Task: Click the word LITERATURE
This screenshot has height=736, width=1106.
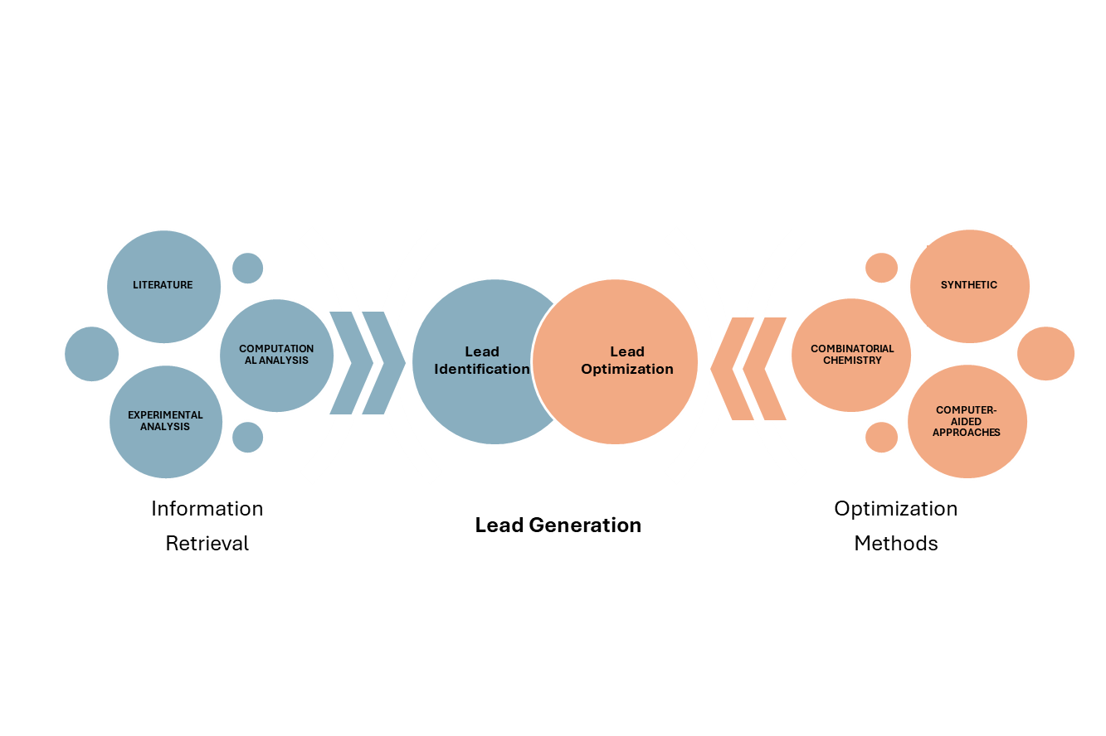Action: [163, 285]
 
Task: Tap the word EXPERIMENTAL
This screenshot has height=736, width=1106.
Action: [165, 415]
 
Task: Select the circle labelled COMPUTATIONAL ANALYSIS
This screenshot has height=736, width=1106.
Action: [276, 381]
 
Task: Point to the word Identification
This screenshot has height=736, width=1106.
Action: [482, 369]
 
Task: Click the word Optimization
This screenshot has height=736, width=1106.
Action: [627, 369]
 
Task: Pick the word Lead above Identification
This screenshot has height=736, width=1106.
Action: [482, 351]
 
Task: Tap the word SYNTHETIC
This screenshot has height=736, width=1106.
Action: [969, 285]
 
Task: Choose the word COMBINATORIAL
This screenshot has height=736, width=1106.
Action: [852, 349]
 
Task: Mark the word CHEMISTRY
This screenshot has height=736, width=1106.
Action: [852, 361]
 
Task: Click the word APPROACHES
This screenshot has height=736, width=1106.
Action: [967, 433]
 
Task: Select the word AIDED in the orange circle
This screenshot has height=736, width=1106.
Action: [967, 421]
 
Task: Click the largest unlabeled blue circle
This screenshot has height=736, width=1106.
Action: [91, 354]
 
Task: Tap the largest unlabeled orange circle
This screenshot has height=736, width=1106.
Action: [1045, 353]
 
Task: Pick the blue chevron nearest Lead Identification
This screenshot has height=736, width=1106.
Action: [384, 363]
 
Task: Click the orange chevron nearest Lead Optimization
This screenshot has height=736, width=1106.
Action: [730, 368]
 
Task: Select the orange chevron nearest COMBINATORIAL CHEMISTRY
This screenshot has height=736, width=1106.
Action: [764, 368]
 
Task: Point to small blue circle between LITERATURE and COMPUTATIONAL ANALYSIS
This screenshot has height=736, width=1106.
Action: [247, 268]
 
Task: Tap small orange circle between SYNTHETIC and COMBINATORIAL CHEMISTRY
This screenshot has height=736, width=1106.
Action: [881, 268]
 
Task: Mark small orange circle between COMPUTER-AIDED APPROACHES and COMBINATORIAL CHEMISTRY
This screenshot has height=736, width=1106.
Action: [881, 437]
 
